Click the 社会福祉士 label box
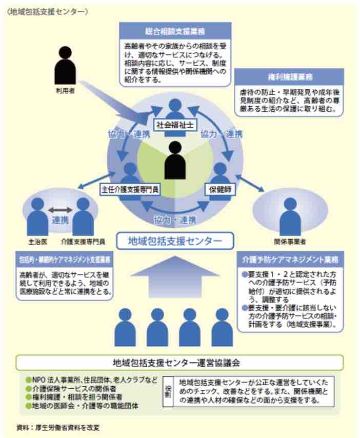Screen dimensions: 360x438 [x=175, y=125]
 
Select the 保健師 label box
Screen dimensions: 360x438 [x=220, y=189]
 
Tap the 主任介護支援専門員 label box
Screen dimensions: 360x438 [x=130, y=190]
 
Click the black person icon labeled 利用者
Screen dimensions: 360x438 [x=65, y=65]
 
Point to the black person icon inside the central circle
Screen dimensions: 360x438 [x=175, y=160]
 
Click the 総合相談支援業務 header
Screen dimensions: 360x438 [x=175, y=31]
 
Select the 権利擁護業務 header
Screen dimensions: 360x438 [x=289, y=77]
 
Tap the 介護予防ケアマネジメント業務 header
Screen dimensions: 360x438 [x=290, y=260]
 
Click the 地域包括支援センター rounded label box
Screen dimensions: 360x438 [x=175, y=241]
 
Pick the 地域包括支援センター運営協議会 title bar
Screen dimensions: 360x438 [x=179, y=363]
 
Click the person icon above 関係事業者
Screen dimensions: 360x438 [x=290, y=216]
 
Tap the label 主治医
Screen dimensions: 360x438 [x=38, y=242]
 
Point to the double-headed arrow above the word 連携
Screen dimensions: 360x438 [x=61, y=210]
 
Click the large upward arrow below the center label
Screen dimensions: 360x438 [x=175, y=276]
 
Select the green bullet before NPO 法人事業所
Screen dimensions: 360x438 [x=29, y=380]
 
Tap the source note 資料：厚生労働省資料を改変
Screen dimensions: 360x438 [x=58, y=427]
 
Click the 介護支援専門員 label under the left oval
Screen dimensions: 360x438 [x=83, y=242]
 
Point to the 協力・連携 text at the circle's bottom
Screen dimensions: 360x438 [x=175, y=220]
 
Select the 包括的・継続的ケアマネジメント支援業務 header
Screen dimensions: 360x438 [x=65, y=260]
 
